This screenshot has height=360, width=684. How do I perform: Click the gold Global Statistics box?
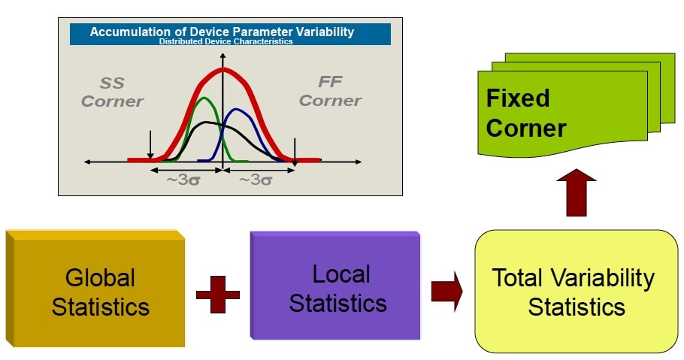[x=95, y=289]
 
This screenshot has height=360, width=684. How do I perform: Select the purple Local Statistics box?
[x=335, y=286]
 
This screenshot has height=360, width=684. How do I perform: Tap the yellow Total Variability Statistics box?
[x=577, y=291]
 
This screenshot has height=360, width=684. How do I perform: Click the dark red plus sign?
[x=218, y=295]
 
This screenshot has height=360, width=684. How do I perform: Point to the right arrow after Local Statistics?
[x=446, y=291]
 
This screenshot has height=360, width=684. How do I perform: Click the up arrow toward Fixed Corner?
[x=576, y=192]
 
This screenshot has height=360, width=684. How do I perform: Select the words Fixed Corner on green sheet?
[x=526, y=113]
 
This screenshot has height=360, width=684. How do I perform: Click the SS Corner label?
[x=112, y=92]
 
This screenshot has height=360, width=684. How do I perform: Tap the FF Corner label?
[x=330, y=91]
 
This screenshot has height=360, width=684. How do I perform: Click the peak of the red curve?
[x=223, y=69]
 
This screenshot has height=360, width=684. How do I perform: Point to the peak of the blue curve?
[x=236, y=110]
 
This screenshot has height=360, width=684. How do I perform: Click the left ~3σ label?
[x=183, y=180]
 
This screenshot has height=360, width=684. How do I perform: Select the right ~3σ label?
[x=256, y=180]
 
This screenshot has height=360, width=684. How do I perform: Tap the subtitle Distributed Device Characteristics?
[x=225, y=41]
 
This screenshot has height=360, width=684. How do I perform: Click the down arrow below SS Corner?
[x=150, y=144]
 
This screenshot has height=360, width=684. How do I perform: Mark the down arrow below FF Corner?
[x=295, y=152]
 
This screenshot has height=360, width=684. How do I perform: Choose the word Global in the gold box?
[x=100, y=278]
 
